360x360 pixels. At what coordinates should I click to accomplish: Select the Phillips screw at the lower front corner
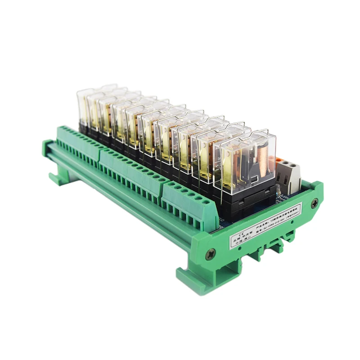point(210,255)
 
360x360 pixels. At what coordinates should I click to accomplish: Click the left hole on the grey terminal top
point(284,166)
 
